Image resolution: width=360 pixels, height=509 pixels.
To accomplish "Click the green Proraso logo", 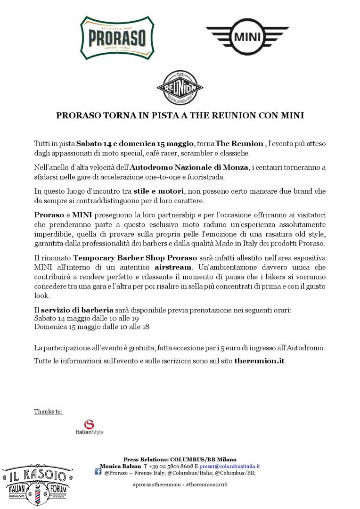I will point(112,37).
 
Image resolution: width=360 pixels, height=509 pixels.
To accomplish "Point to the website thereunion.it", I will point(260,361).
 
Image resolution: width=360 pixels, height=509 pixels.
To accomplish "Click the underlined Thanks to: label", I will point(48,411).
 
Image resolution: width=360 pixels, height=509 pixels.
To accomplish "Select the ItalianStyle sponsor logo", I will point(89,427).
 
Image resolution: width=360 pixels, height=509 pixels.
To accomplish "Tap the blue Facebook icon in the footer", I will point(98,472).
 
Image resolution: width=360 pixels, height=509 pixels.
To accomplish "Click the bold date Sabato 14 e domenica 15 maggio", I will point(135,143).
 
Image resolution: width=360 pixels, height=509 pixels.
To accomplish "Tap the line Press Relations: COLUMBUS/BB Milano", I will point(180,459).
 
